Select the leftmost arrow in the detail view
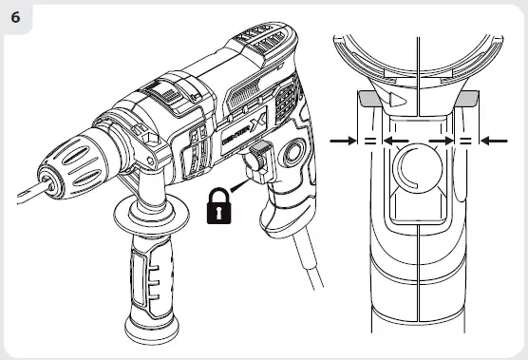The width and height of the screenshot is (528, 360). (345, 140)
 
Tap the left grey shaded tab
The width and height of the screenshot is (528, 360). (368, 97)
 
